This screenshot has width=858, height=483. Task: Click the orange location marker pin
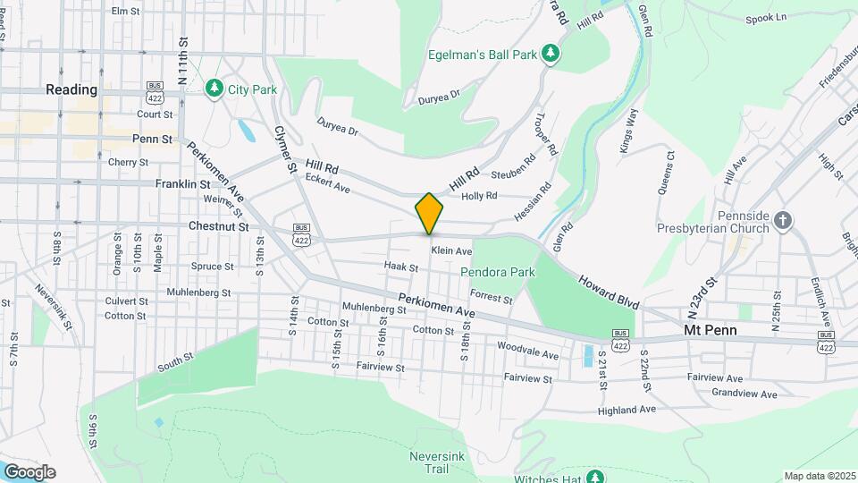click(429, 214)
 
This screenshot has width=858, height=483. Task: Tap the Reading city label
click(71, 89)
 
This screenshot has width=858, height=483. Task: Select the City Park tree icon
click(214, 88)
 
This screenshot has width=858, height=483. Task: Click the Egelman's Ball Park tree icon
click(551, 55)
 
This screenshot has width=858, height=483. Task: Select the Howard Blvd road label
click(608, 291)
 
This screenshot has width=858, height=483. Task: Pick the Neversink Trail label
click(433, 462)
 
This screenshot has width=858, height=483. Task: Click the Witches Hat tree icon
click(593, 475)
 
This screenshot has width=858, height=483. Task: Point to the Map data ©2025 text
click(820, 476)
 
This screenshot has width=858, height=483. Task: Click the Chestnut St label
click(218, 227)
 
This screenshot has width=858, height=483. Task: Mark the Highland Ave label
click(627, 410)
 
